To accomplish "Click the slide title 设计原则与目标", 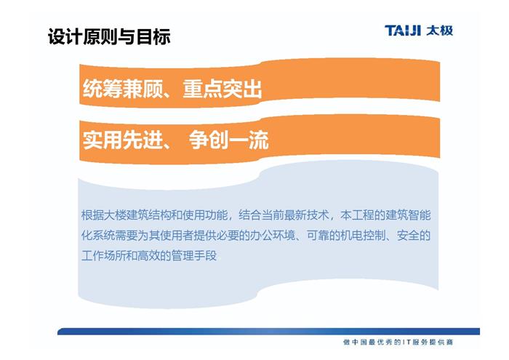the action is pos(109,36).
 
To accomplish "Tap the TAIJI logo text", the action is pos(403,31).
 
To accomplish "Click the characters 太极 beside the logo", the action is pos(440,31).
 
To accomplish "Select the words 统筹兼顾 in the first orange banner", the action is pos(122,89).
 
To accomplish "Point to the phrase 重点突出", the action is pos(223,89).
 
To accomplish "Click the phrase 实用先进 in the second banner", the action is pos(122,140).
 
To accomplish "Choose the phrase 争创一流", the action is pos(229,140).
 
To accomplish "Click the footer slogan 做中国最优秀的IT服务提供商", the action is pos(398,342).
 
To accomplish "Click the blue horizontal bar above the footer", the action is pos(268,331).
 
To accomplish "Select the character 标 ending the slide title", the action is pos(162,36).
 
